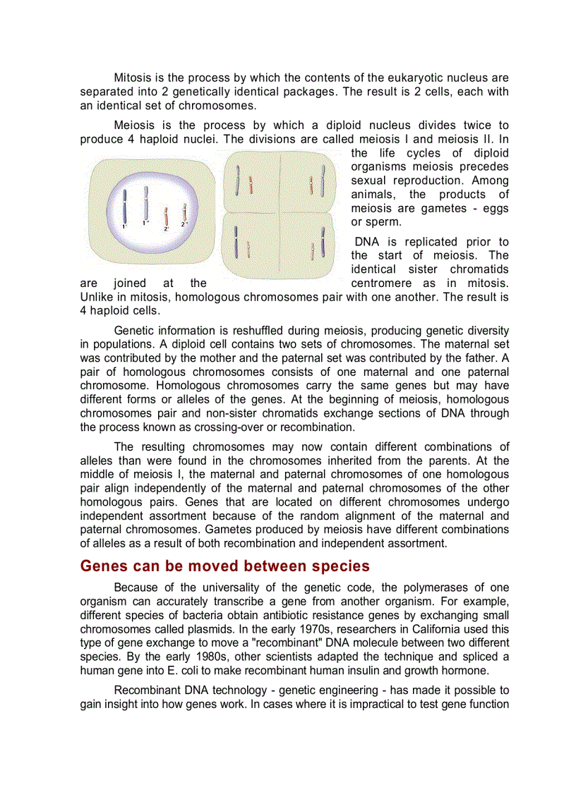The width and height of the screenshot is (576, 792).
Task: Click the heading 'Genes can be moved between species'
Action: point(224,566)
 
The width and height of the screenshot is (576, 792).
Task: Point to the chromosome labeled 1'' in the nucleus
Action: point(146,203)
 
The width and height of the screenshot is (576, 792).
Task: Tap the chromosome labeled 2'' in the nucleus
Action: point(184,212)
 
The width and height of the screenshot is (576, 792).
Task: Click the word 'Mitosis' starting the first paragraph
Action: point(133,78)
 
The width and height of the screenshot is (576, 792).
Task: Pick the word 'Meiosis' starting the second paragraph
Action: point(134,125)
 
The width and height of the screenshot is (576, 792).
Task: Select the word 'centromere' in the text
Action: point(380,283)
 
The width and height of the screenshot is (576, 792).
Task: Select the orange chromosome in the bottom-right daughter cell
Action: point(311,250)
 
